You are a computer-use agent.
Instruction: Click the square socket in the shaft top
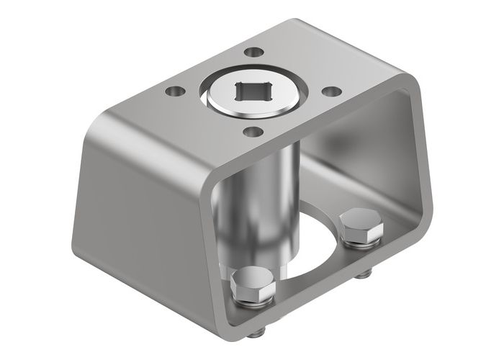coord(251,92)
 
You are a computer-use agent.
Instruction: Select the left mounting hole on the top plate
coord(174,91)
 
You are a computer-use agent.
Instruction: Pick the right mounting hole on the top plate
coord(330,91)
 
